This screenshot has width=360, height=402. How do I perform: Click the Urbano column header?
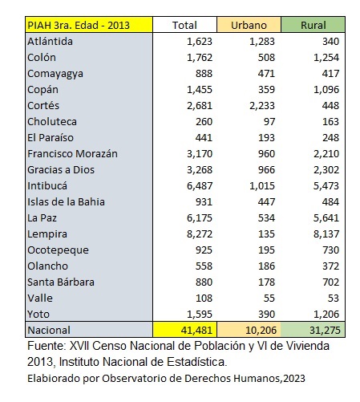coord(249,25)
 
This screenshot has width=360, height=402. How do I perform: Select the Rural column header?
coord(313,25)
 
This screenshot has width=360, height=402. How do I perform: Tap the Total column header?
coord(184,25)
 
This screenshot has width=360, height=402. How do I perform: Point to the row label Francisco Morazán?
coord(72,154)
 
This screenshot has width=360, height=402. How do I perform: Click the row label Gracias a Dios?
coord(61,170)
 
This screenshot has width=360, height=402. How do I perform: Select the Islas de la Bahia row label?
coord(66,202)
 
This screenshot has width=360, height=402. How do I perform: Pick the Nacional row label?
coord(49,331)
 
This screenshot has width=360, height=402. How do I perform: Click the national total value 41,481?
coord(196,331)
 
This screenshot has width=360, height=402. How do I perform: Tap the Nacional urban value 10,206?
coord(261,331)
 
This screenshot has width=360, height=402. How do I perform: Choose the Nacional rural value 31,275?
coord(325,331)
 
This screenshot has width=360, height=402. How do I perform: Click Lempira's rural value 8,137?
coord(326,234)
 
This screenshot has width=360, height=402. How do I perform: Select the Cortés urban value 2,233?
coord(262,106)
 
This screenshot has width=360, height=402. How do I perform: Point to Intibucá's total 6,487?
coord(200,186)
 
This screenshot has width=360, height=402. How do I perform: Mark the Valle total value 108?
coord(204,298)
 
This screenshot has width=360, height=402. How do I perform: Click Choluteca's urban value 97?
coord(269,122)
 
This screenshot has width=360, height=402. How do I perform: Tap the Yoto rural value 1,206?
coord(326,315)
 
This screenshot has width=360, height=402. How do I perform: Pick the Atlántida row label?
coord(50,42)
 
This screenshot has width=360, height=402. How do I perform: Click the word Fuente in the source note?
coord(47,346)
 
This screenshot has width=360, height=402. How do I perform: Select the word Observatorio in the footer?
coord(129,378)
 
